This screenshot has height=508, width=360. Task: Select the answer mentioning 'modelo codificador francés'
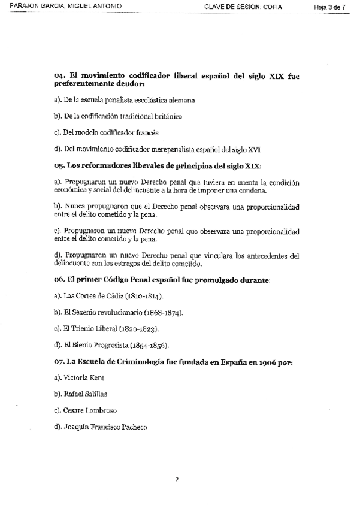pyautogui.click(x=111, y=132)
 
